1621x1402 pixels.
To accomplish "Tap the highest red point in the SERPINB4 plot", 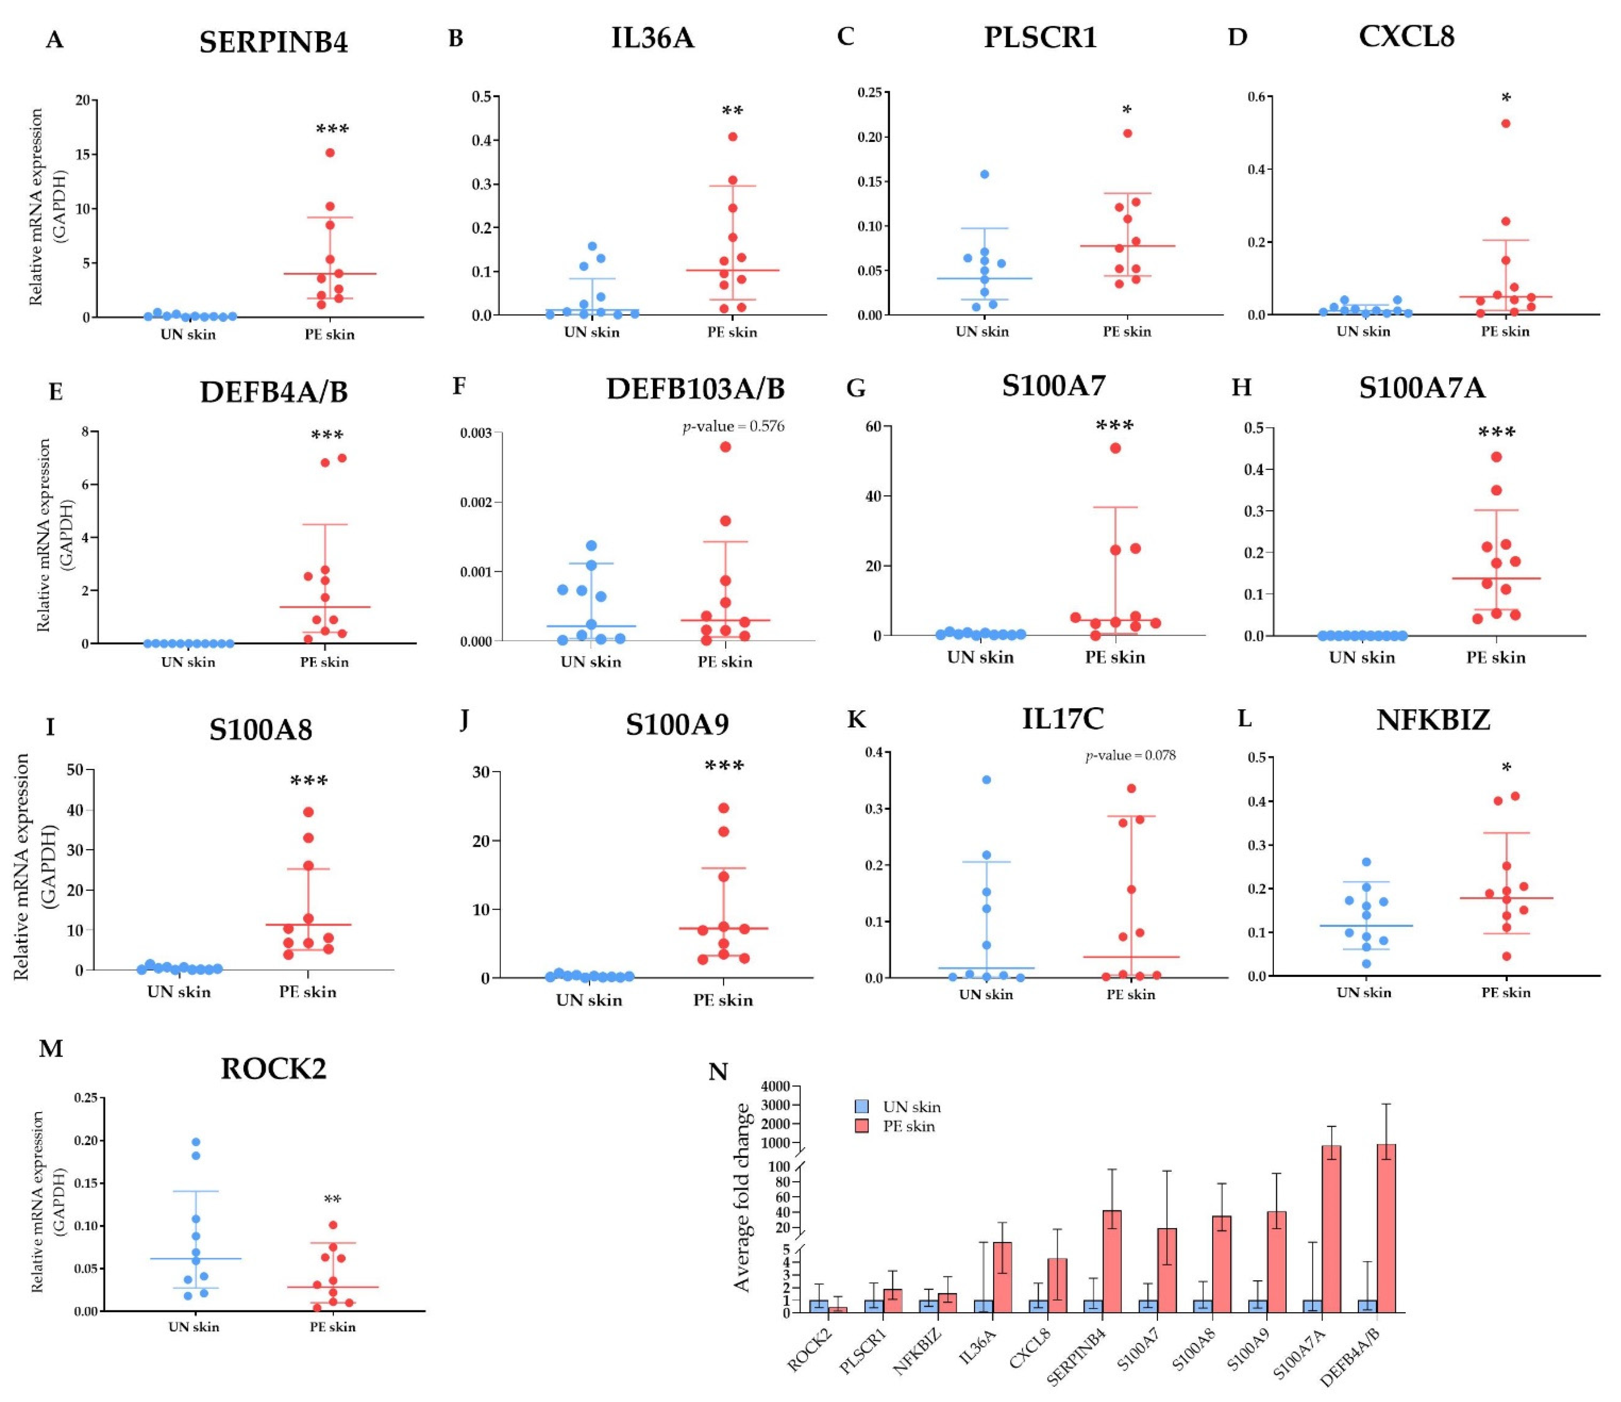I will pos(330,153).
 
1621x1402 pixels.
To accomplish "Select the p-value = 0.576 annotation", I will pos(733,426).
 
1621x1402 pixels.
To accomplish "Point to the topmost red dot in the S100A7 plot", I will pos(1115,448).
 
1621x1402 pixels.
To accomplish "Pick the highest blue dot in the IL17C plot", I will pos(986,780).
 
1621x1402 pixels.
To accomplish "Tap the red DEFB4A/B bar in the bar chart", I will pos(1385,1228).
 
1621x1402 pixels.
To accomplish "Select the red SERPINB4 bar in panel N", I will pos(1112,1260).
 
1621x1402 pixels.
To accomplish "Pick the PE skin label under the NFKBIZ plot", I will pos(1505,993).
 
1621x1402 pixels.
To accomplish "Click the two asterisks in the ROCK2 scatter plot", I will pos(332,1200).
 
